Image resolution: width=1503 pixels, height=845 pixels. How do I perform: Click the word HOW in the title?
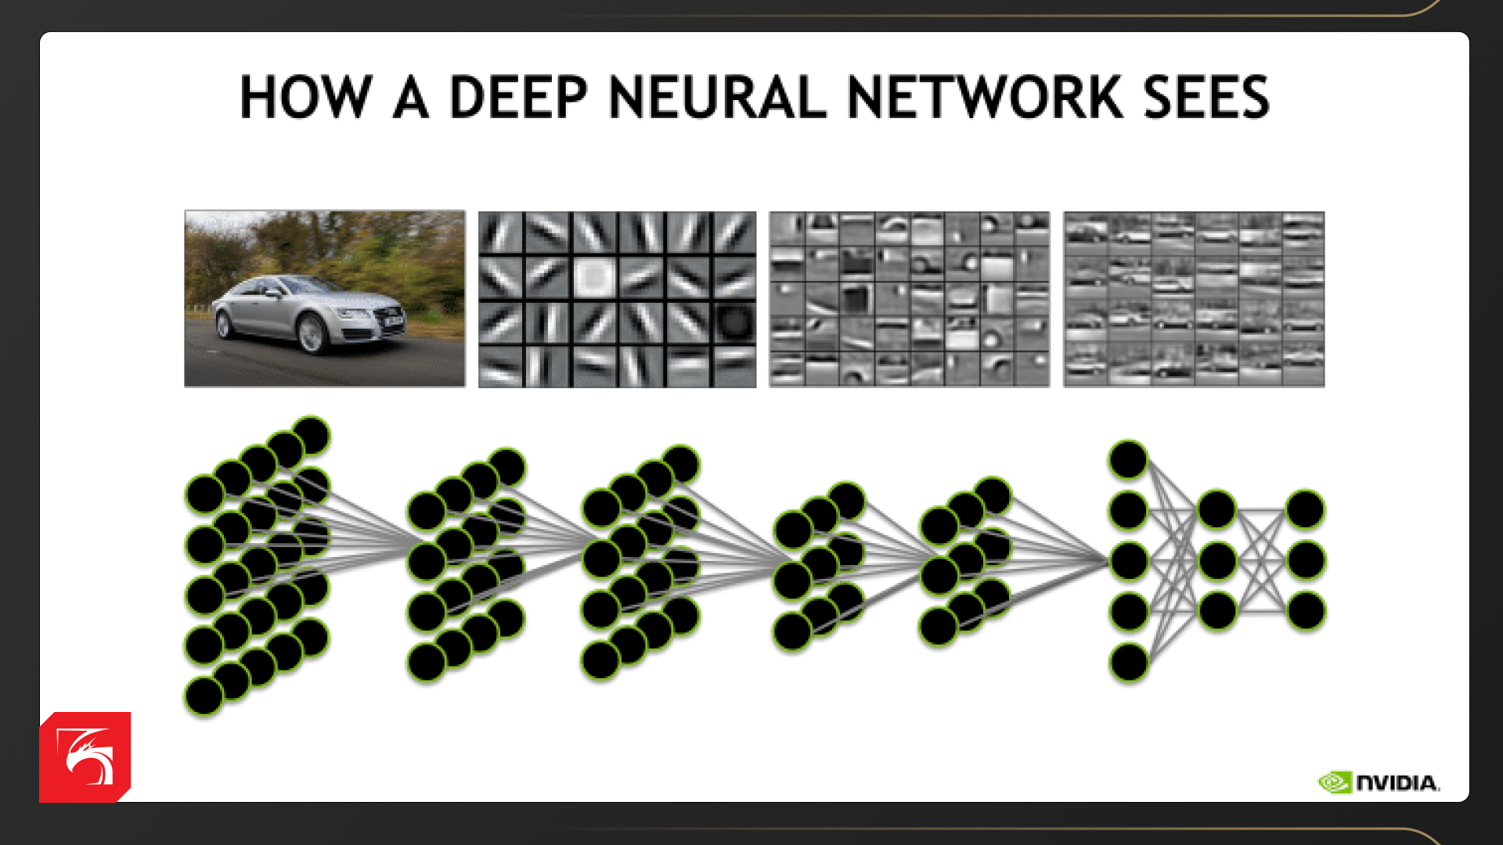coord(305,97)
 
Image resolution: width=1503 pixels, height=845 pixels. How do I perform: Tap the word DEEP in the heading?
coord(518,97)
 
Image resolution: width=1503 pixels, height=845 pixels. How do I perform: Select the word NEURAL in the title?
coord(717,97)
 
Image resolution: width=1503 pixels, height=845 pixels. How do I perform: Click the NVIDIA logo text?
coord(1398,783)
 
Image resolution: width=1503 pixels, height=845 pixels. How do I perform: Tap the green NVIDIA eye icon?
coord(1335,782)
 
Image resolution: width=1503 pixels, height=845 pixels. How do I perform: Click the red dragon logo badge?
coord(85,757)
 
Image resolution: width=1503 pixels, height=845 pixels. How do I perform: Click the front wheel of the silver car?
coord(312,333)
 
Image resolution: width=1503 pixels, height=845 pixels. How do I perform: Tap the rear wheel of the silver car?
coord(225,322)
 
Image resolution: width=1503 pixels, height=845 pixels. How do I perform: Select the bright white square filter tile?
coord(594,277)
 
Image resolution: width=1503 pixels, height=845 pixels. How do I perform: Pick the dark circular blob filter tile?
coord(734,322)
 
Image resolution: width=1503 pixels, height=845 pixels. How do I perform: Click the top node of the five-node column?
coord(1128,459)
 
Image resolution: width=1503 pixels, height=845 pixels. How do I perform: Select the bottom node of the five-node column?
coord(1128,663)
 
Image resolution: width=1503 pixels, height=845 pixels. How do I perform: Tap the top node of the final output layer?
coord(1305,509)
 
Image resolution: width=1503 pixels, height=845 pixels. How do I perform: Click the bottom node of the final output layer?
coord(1305,611)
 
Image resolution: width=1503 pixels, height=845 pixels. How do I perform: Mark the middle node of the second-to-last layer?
coord(1216,560)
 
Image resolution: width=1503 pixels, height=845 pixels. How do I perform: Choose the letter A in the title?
coord(410,97)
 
